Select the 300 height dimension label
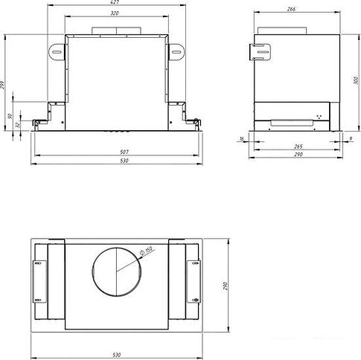pyautogui.click(x=357, y=80)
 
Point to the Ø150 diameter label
pyautogui.click(x=148, y=251)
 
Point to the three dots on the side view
pyautogui.click(x=321, y=116)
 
